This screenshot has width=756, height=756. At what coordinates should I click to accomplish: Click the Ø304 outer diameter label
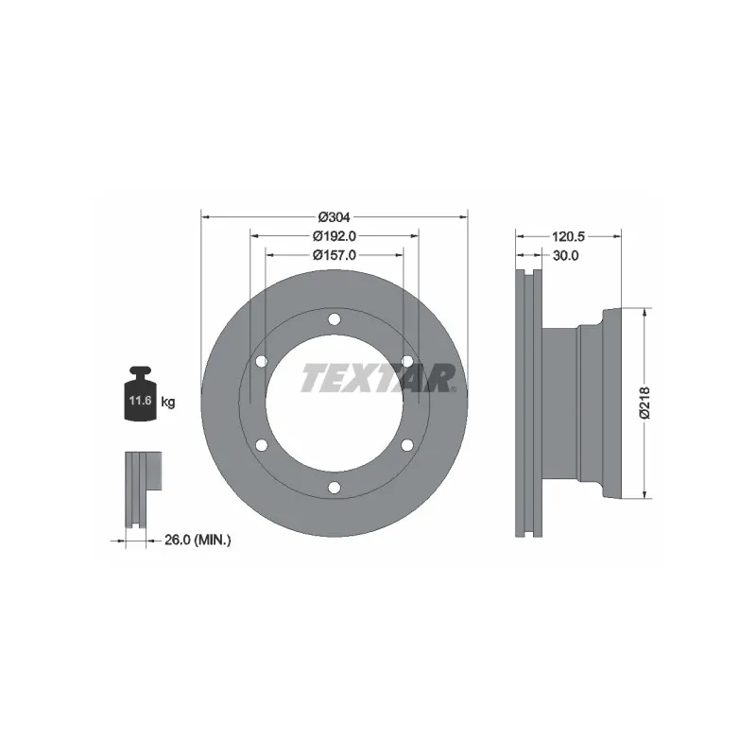coord(335,217)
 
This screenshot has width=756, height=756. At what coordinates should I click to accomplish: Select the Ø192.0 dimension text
coord(335,236)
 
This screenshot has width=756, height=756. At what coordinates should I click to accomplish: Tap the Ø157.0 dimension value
coord(335,255)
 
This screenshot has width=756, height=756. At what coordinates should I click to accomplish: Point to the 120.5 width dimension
coord(569,236)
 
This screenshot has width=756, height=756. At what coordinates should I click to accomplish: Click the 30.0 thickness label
coord(565,255)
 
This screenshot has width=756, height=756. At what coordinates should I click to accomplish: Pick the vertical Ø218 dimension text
coord(644,403)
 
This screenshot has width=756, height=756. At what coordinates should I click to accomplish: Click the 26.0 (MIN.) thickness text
coord(198,540)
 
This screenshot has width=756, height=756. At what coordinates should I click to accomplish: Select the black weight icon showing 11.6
coord(140,394)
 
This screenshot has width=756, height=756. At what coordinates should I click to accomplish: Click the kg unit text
coord(168,401)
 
